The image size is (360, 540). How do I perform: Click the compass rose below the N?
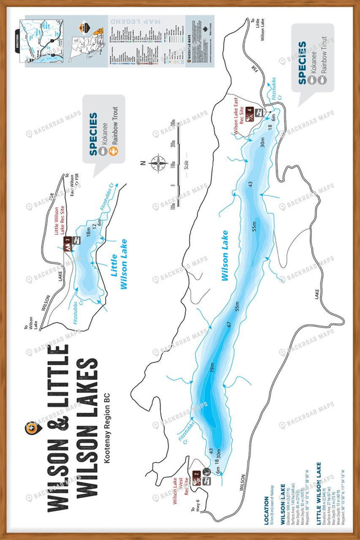pos(158,164)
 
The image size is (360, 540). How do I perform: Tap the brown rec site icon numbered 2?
pos(196,474)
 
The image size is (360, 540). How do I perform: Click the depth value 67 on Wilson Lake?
pos(229,325)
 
